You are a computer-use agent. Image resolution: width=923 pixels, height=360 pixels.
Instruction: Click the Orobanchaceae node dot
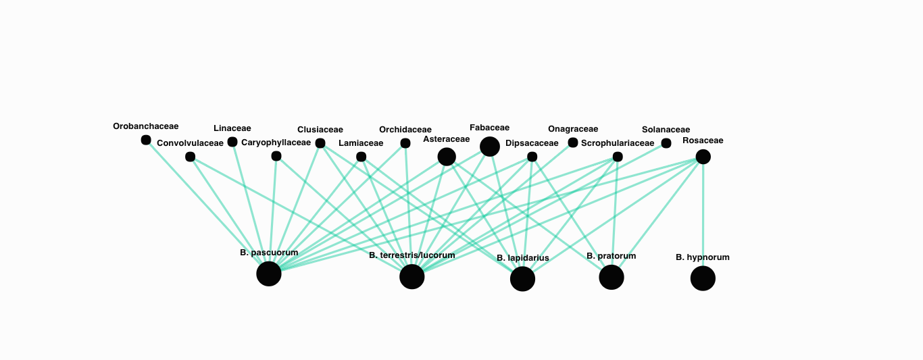(146, 140)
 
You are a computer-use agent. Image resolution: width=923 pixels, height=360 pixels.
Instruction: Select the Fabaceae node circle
(490, 147)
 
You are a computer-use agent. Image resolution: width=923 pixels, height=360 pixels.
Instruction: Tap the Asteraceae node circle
(447, 157)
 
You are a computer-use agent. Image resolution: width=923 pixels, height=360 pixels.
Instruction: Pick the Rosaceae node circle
(703, 157)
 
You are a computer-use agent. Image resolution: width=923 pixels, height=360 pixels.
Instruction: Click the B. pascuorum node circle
(269, 274)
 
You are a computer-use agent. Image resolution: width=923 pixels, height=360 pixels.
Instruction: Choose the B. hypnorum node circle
(703, 278)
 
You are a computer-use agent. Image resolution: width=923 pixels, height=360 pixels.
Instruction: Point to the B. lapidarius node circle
(522, 278)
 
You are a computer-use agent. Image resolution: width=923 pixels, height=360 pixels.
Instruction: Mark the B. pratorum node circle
(612, 277)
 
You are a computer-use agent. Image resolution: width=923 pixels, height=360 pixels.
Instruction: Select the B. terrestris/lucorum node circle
(412, 276)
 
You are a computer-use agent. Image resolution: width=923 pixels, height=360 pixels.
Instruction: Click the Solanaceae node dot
(666, 143)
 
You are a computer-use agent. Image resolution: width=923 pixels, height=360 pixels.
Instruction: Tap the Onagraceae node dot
(573, 143)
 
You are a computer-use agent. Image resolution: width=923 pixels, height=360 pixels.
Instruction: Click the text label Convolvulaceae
(190, 143)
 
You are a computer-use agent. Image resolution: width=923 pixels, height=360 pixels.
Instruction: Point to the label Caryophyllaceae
(276, 143)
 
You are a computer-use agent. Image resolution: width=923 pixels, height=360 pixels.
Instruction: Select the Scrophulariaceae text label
(618, 143)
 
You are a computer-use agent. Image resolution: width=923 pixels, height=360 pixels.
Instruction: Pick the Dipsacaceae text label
(532, 143)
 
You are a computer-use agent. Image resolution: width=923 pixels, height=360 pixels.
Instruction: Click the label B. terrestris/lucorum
(412, 255)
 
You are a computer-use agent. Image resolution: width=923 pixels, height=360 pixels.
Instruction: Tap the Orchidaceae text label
(405, 130)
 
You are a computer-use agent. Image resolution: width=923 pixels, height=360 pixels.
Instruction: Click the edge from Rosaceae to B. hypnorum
(703, 216)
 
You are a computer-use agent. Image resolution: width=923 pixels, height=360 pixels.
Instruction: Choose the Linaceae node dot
(232, 142)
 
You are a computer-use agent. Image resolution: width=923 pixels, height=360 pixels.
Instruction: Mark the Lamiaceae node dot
(361, 157)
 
